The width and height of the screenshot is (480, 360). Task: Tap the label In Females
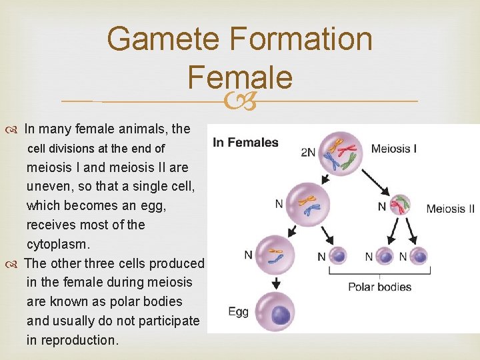coord(245,142)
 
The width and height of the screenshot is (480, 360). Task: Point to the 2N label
coord(307,152)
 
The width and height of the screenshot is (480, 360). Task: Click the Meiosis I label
coord(394,149)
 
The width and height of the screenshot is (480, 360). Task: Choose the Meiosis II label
coord(450,209)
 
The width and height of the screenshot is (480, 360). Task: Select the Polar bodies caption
coord(379,287)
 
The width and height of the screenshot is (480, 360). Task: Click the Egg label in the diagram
coord(238,311)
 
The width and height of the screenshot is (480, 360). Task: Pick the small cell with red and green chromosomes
coord(399,205)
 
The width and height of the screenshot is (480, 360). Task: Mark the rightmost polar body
coord(419,256)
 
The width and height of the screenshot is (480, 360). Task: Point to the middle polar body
coord(385,256)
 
